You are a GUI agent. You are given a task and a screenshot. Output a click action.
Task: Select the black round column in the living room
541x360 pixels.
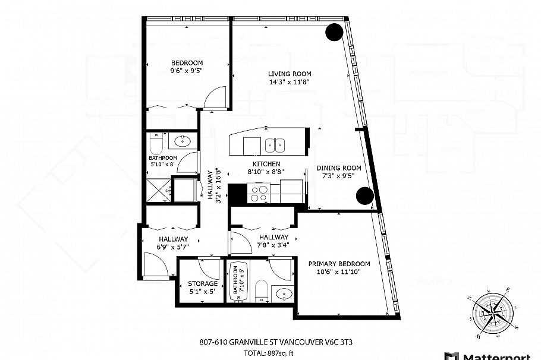334,32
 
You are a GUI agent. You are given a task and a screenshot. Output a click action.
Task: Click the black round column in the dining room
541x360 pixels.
364,195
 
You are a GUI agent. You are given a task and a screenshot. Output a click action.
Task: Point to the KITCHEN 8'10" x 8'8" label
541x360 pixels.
266,168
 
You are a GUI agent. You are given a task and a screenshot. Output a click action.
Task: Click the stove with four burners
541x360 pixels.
259,192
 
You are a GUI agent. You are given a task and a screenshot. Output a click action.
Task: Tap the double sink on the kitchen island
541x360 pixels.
275,144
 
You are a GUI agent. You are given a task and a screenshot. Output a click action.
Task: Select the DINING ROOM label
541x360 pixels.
338,172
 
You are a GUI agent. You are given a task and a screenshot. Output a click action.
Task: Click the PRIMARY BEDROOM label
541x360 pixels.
339,268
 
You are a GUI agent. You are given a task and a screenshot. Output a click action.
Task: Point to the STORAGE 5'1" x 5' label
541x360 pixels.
202,288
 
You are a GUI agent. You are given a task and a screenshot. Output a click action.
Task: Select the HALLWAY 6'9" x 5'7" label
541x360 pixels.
173,243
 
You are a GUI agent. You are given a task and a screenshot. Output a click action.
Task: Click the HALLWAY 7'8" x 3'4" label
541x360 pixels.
273,241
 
